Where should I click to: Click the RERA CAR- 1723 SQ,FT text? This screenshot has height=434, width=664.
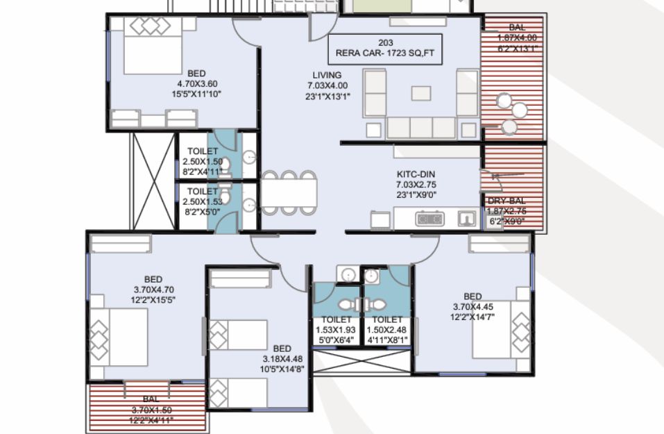point(385,53)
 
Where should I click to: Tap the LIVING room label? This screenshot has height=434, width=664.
point(327,75)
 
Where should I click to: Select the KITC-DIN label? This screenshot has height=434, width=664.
point(416,174)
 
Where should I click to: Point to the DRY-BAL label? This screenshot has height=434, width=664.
point(506,201)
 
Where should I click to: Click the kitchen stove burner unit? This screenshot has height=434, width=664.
point(429,219)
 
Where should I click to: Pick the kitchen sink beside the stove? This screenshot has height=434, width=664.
point(467,219)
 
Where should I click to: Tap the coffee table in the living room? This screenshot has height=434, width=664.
point(421,93)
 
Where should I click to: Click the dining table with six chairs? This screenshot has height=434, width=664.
point(289,192)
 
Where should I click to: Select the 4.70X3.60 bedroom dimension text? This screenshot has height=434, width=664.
point(197,83)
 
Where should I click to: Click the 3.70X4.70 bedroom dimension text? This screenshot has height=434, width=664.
point(154,290)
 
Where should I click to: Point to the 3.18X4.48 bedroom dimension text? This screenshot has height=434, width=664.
point(282,359)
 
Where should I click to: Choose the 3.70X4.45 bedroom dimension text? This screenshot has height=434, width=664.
point(473,307)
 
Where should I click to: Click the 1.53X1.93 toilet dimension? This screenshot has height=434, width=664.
point(336,330)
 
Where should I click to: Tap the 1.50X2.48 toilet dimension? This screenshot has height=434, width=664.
point(386,330)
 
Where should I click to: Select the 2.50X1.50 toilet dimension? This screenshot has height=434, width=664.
point(203,162)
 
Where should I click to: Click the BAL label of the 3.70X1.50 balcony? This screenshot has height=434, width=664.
point(151,399)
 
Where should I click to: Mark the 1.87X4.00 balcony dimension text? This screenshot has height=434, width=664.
point(517,37)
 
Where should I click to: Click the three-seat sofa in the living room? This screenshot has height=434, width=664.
point(421,128)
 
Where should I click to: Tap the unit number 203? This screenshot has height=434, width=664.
point(385,43)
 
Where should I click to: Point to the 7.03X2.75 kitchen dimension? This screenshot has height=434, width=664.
point(416,185)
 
